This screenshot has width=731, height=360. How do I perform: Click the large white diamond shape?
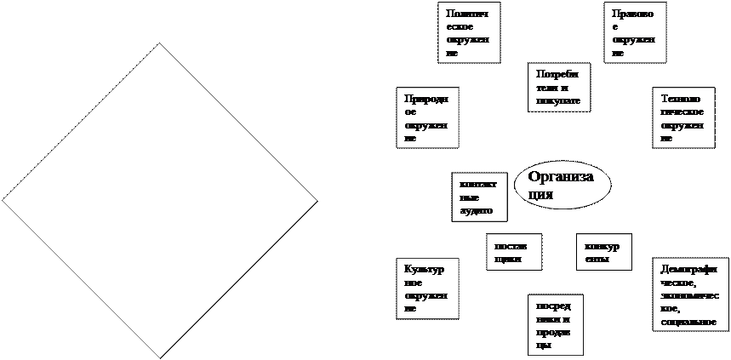tap(159, 201)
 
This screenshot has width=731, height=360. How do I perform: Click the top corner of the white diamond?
tap(159, 45)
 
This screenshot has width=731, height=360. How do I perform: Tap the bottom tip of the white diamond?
tap(159, 355)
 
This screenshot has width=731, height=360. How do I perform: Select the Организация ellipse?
tap(563, 184)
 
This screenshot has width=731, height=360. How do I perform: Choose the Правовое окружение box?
tap(635, 32)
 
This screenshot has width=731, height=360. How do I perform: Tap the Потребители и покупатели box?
tap(558, 87)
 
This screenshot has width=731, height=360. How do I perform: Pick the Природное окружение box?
tap(427, 117)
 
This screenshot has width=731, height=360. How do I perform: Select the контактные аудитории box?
tap(480, 197)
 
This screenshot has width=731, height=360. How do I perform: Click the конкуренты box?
tap(604, 251)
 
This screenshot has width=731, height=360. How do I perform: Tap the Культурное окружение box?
tap(427, 288)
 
